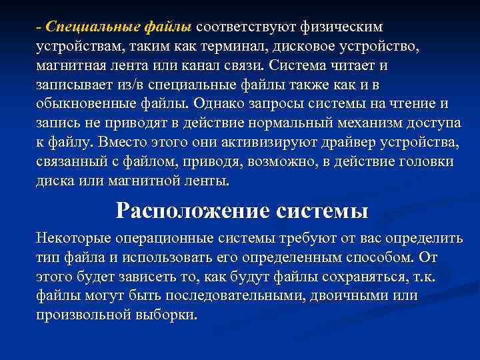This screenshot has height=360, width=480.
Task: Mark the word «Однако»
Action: click(x=216, y=105)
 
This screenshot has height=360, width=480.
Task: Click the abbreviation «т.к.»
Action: click(x=420, y=277)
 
